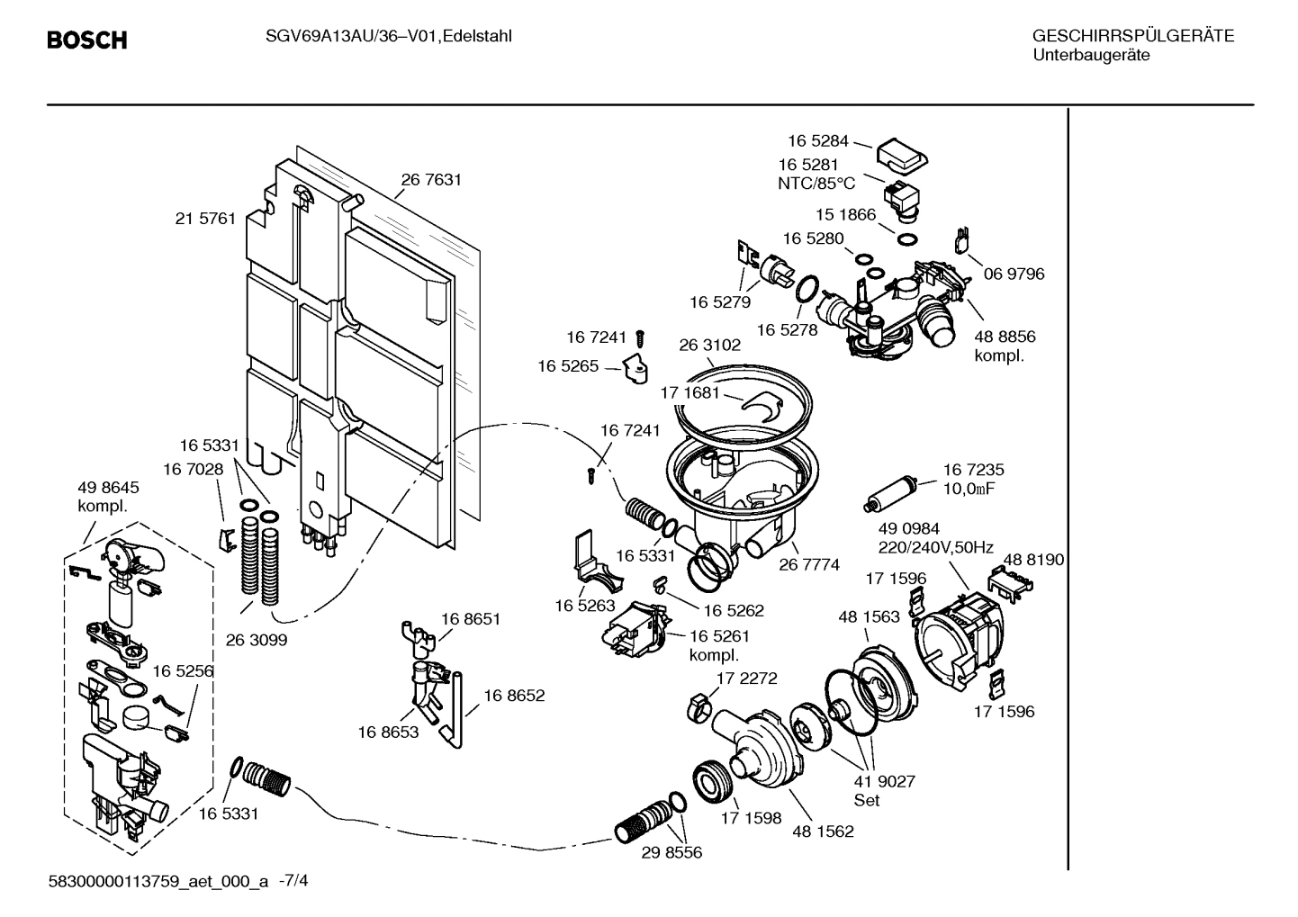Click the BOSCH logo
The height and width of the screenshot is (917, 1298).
(86, 40)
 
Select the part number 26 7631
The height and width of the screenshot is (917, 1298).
(431, 180)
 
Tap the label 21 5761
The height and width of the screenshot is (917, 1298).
(205, 219)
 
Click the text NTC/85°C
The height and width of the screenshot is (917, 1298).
(816, 183)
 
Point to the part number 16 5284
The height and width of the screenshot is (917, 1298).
(817, 140)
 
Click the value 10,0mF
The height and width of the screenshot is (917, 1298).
(969, 489)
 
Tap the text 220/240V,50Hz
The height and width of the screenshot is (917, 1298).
(935, 547)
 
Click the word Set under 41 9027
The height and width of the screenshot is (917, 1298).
(867, 800)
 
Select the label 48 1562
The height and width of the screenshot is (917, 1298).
(823, 832)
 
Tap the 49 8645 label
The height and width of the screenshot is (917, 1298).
(108, 488)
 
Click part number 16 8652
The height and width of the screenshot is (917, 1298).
(514, 696)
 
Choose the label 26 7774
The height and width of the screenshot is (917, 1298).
(808, 565)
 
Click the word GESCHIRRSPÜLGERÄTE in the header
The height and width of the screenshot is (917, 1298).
(1132, 36)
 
